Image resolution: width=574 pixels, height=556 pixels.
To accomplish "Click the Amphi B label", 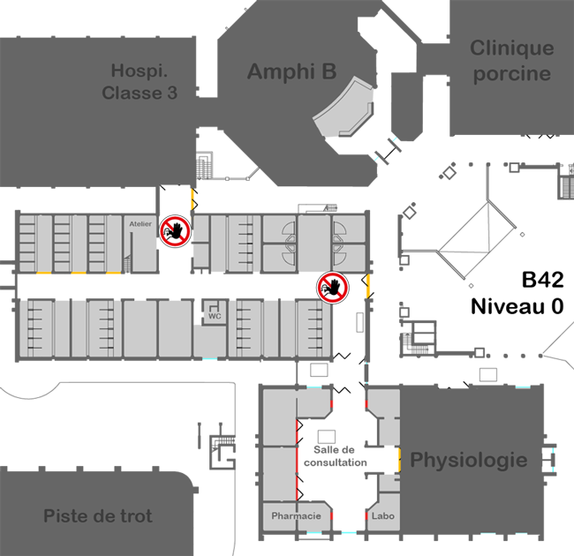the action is click(x=291, y=71).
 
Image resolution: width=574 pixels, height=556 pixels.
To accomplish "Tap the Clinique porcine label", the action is click(x=512, y=61).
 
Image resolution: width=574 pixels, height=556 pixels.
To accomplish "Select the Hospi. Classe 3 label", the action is click(x=140, y=81).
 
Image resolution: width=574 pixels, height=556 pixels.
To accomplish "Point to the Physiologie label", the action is click(x=469, y=460).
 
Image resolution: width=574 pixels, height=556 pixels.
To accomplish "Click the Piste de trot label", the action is click(x=98, y=515).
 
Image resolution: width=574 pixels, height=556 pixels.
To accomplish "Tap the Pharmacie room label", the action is click(x=296, y=515).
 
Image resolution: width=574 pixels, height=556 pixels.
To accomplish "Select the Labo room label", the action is click(x=383, y=515).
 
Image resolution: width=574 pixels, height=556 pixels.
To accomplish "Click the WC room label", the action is click(x=215, y=316).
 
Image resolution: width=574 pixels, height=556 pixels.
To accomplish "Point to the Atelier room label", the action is click(x=140, y=224).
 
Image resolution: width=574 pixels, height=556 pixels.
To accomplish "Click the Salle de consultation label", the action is click(x=335, y=456).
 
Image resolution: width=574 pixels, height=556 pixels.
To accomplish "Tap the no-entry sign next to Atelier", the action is click(x=175, y=231).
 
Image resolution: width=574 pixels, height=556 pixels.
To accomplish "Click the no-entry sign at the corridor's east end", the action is click(x=333, y=288).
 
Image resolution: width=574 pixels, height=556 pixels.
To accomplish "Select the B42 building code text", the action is click(x=542, y=280).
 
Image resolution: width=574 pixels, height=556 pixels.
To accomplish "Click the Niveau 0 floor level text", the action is click(x=517, y=306).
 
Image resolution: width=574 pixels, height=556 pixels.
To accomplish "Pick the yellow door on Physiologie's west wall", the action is click(x=400, y=460).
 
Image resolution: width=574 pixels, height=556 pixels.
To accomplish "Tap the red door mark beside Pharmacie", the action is click(x=332, y=515).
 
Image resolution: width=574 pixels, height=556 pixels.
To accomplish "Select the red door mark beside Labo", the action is click(x=366, y=515).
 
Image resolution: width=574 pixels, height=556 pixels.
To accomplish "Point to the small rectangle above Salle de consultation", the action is click(x=327, y=436).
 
